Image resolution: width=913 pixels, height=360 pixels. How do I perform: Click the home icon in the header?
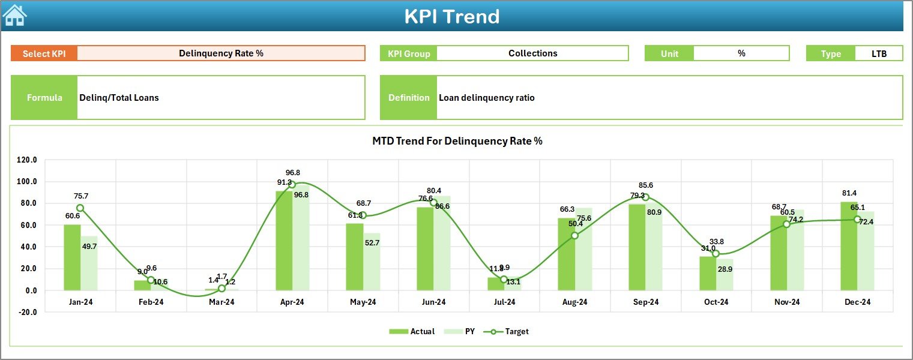pyautogui.click(x=14, y=15)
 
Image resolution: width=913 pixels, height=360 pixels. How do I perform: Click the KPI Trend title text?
pyautogui.click(x=451, y=16)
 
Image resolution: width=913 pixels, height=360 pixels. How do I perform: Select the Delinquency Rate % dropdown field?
pyautogui.click(x=221, y=53)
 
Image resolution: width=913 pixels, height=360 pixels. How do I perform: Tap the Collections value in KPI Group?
pyautogui.click(x=532, y=53)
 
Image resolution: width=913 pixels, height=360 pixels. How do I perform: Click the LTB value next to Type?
pyautogui.click(x=879, y=53)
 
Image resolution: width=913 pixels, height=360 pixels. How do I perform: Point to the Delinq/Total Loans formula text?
pyautogui.click(x=119, y=98)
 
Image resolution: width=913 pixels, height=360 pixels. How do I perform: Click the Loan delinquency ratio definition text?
pyautogui.click(x=486, y=98)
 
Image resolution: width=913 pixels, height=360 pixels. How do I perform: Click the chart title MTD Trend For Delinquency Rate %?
pyautogui.click(x=457, y=141)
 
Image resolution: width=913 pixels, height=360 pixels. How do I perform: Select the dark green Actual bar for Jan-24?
pyautogui.click(x=72, y=257)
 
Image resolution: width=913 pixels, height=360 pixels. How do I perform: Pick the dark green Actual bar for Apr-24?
pyautogui.click(x=284, y=241)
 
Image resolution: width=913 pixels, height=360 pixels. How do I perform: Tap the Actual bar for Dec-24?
pyautogui.click(x=849, y=246)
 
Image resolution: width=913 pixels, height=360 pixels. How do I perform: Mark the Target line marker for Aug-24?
pyautogui.click(x=574, y=236)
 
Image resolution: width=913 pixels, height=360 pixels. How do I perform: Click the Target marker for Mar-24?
pyautogui.click(x=222, y=289)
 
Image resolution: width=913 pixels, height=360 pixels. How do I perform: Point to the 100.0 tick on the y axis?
pyautogui.click(x=27, y=182)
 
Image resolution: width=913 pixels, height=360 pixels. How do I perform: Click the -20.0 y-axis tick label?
pyautogui.click(x=27, y=312)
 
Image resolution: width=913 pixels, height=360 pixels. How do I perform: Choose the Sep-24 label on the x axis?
pyautogui.click(x=645, y=302)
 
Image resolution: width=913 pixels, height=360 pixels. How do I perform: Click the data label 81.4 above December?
pyautogui.click(x=849, y=193)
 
